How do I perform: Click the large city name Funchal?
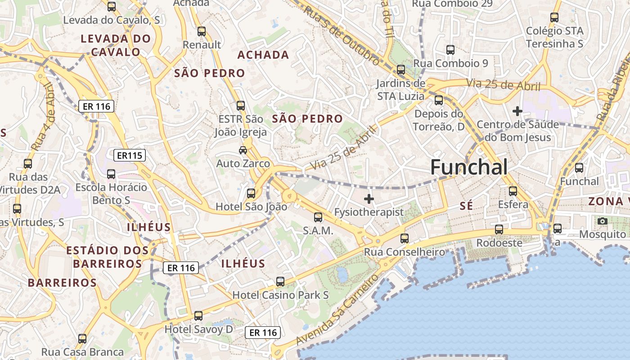point(469,167)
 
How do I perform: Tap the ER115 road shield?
point(130,156)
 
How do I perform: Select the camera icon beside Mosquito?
point(602,221)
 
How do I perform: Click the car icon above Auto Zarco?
point(243,150)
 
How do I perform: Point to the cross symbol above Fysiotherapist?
point(369,198)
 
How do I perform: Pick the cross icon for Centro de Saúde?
point(517,111)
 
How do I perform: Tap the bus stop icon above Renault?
point(201,31)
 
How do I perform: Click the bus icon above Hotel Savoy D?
point(198,316)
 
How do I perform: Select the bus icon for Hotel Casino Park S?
point(280,282)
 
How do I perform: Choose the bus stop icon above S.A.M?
point(318,217)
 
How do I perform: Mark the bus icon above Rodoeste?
point(499,229)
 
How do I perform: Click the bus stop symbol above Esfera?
point(513,191)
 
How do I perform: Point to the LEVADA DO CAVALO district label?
point(116,45)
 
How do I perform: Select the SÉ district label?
point(466,206)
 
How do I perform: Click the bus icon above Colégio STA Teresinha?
point(554,18)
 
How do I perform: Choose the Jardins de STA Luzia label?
point(400,90)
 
